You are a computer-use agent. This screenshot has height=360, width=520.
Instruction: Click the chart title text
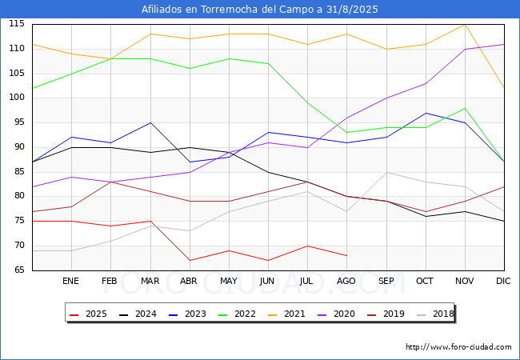(x=260, y=10)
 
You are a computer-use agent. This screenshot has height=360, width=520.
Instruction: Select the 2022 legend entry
(x=236, y=314)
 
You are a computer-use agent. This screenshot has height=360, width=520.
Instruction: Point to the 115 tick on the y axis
(x=16, y=24)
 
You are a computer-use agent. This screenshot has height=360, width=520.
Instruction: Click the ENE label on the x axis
(x=71, y=282)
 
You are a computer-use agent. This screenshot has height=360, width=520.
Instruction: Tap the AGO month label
(x=346, y=282)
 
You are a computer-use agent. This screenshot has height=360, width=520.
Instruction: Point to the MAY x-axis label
(x=229, y=282)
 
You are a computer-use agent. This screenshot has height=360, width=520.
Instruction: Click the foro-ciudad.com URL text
(x=458, y=347)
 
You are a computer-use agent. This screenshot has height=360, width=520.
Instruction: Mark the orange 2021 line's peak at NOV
(x=465, y=24)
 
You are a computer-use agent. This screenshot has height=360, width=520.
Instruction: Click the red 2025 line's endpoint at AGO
(x=346, y=255)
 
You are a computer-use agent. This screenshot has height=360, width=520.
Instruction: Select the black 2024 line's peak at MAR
(x=150, y=122)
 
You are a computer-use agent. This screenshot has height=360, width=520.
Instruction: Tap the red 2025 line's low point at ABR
(x=190, y=260)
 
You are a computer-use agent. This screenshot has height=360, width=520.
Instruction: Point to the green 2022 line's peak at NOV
(x=465, y=108)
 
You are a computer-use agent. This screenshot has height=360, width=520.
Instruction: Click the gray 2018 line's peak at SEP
(x=386, y=172)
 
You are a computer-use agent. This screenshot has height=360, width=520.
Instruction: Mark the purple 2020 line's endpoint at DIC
(x=504, y=44)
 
